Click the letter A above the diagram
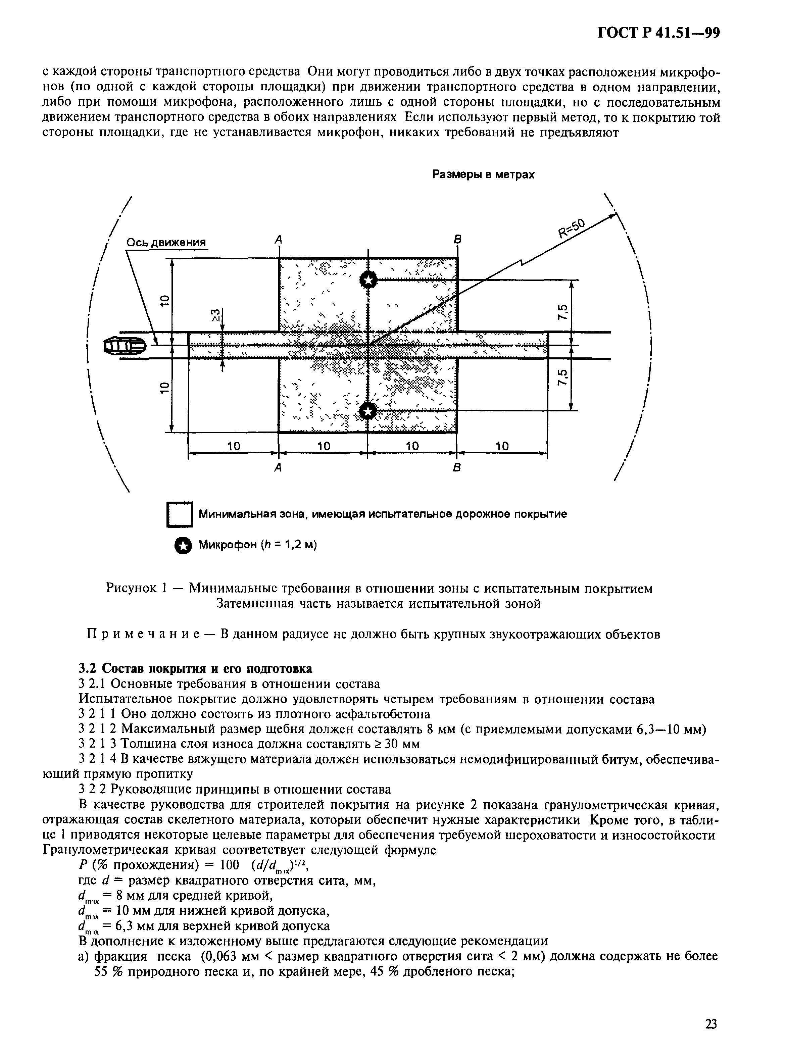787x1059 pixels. tap(279, 240)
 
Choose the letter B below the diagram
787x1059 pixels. tap(456, 468)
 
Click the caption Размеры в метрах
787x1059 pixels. tap(483, 175)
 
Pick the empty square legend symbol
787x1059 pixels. tap(180, 515)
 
